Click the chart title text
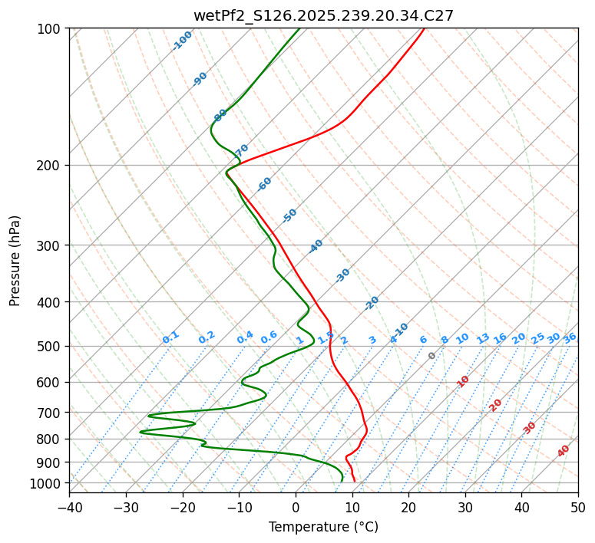point(323,15)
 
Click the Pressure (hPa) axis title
point(15,261)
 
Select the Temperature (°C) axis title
point(323,528)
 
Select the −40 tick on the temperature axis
point(69,507)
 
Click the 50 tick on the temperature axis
point(578,507)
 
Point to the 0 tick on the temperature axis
point(296,507)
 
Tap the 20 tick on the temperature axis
point(408,507)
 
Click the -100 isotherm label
point(182,41)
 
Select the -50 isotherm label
point(289,216)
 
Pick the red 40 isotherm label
point(564,451)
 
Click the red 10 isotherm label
point(463,381)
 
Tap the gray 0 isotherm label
point(432,356)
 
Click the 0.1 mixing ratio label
point(170,337)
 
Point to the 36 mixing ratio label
point(570,337)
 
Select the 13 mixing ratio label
point(483,338)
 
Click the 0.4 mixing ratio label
point(245,337)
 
